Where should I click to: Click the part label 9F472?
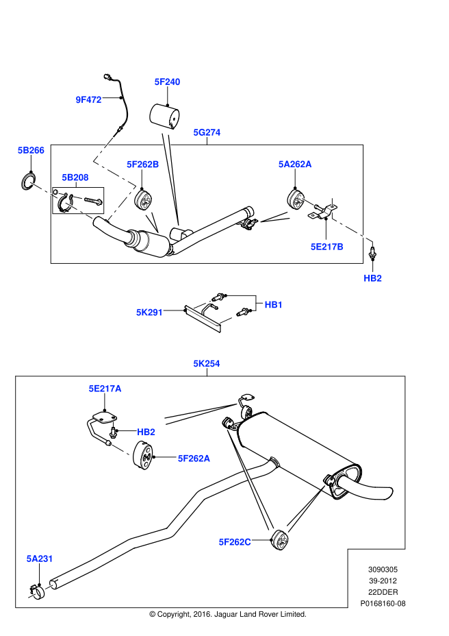coord(88,99)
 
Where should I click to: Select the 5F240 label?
coord(167,82)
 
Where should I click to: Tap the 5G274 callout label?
coord(207,132)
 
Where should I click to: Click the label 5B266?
coord(31,149)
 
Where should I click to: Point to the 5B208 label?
coord(75,178)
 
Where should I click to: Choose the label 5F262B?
coord(142,164)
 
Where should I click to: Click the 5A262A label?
coord(294,164)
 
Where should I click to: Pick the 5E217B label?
coord(326,246)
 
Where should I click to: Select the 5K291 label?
coord(150,312)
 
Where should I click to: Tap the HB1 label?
coord(273,304)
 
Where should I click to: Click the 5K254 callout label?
coord(207,364)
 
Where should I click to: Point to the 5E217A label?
coord(105,389)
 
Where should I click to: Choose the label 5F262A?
coord(194,458)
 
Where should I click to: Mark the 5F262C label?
coord(235,542)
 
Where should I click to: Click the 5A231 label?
coord(40,559)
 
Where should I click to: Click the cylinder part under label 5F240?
coord(164,117)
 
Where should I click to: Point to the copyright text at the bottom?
coord(227,614)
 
